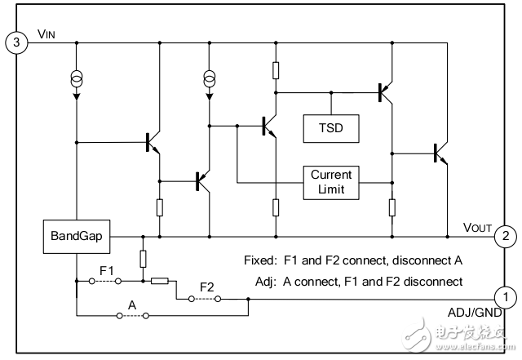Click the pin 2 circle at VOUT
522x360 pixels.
point(506,238)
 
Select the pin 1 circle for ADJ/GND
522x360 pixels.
point(506,297)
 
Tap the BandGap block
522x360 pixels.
point(75,237)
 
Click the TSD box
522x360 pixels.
point(330,127)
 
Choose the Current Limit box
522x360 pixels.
point(330,181)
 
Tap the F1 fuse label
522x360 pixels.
point(106,269)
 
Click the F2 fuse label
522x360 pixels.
point(206,287)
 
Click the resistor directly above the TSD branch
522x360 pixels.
point(276,70)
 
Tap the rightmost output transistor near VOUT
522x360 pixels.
point(441,152)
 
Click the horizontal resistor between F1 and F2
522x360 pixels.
point(159,281)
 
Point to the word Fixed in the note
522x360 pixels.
point(260,261)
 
